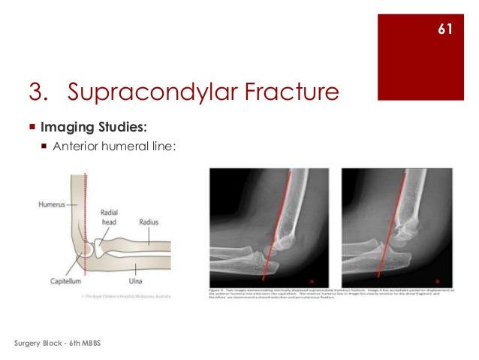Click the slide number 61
click(x=444, y=29)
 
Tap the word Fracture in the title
click(x=278, y=92)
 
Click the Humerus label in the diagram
click(x=52, y=204)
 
